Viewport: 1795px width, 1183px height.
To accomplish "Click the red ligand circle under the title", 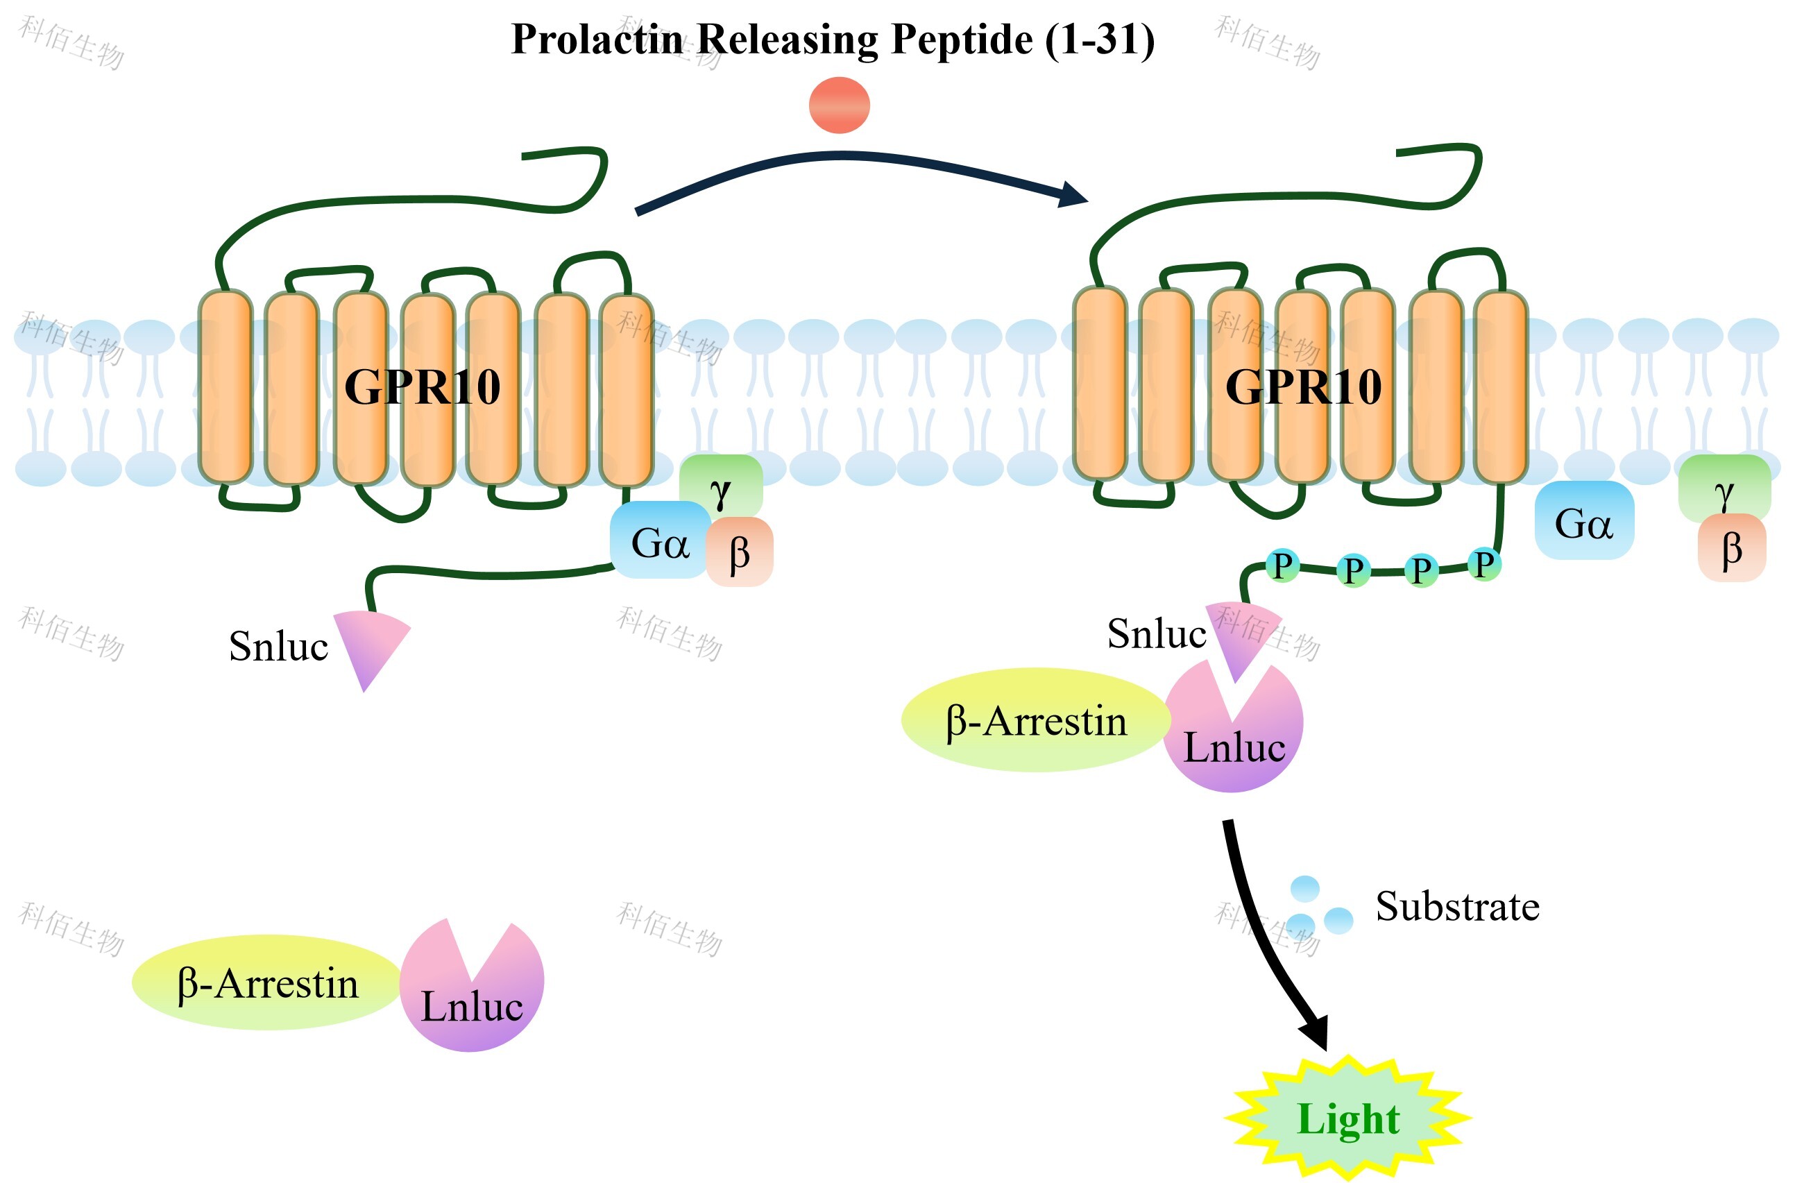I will (x=839, y=105).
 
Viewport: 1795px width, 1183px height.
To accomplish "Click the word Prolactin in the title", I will (x=596, y=40).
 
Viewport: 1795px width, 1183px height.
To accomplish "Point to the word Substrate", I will (x=1457, y=906).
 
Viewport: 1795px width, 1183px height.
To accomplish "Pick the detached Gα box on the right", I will (x=1584, y=521).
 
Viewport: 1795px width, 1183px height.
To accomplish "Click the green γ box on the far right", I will (x=1724, y=487).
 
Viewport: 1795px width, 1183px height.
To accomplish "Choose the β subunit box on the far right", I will (x=1732, y=550).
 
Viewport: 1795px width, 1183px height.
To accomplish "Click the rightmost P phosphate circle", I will (x=1484, y=564).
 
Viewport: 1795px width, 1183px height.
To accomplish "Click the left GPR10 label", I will (x=422, y=388).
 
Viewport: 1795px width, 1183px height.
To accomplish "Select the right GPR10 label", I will (x=1303, y=388).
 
